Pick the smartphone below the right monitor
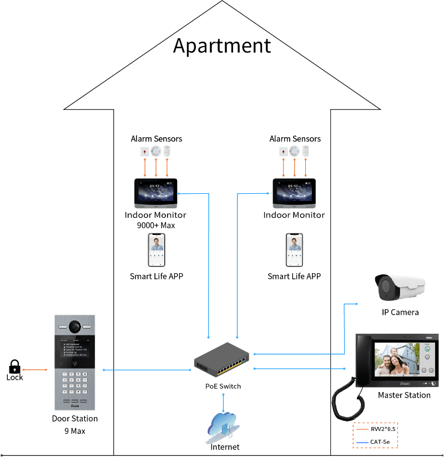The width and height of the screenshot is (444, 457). pyautogui.click(x=295, y=250)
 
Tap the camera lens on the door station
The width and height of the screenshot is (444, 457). pyautogui.click(x=74, y=325)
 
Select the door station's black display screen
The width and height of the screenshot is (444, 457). pyautogui.click(x=74, y=346)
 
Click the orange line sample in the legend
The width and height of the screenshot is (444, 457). pyautogui.click(x=363, y=429)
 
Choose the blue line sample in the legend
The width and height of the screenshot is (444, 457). pyautogui.click(x=363, y=442)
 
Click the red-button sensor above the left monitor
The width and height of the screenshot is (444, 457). pyautogui.click(x=144, y=151)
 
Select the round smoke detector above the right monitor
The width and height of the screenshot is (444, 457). pyautogui.click(x=294, y=150)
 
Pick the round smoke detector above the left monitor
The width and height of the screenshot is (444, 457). pyautogui.click(x=155, y=150)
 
